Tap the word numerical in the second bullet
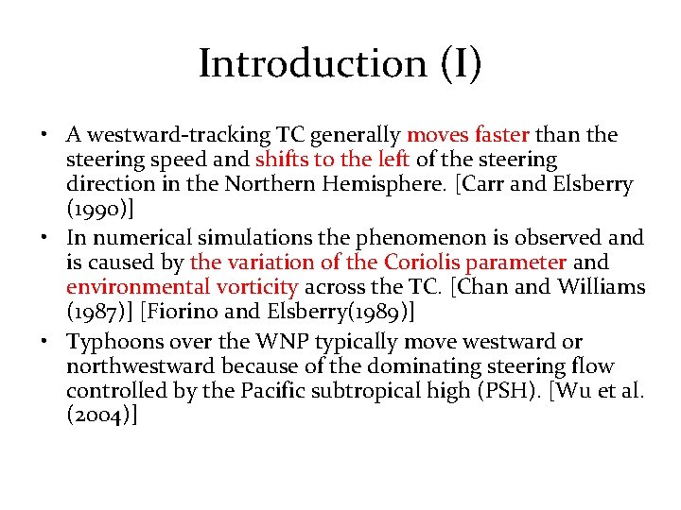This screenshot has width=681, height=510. tap(131, 237)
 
